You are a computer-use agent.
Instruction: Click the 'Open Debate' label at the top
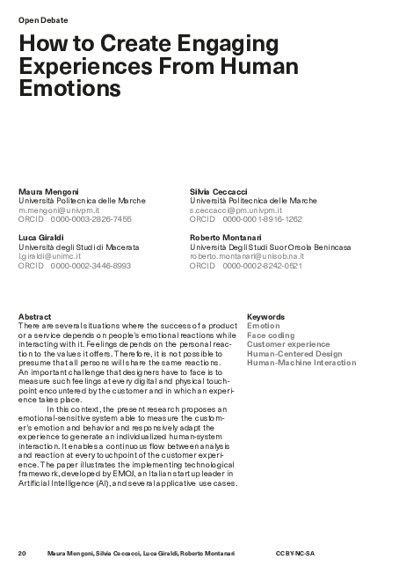(43, 18)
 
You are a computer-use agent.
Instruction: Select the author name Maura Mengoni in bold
(49, 191)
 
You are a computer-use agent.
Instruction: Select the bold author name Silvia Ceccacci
(220, 191)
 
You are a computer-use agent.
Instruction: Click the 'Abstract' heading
(34, 316)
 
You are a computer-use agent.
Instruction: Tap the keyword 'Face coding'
(271, 335)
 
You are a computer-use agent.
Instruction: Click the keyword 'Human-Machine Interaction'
(301, 363)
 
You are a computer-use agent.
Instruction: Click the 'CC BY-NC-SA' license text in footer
(294, 553)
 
